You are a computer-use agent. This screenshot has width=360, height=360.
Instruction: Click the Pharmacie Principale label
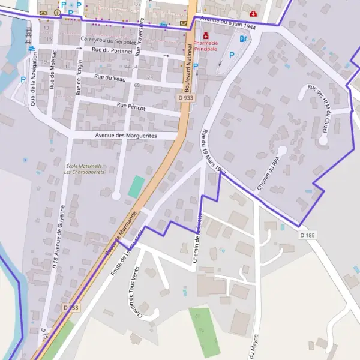click(214, 46)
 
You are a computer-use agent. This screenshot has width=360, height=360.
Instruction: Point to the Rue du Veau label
click(109, 77)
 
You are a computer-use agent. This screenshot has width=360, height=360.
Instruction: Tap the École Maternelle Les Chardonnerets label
click(83, 169)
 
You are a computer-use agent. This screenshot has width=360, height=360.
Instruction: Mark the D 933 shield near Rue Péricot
click(185, 97)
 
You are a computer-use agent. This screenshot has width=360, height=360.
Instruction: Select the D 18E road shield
click(307, 235)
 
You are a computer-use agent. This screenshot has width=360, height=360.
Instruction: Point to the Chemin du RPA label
click(269, 174)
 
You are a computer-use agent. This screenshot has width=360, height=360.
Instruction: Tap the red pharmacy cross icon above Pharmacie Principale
click(206, 35)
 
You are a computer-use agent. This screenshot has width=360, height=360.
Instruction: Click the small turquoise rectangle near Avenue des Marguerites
click(137, 187)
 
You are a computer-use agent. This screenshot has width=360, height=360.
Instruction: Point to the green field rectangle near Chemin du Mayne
click(205, 331)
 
